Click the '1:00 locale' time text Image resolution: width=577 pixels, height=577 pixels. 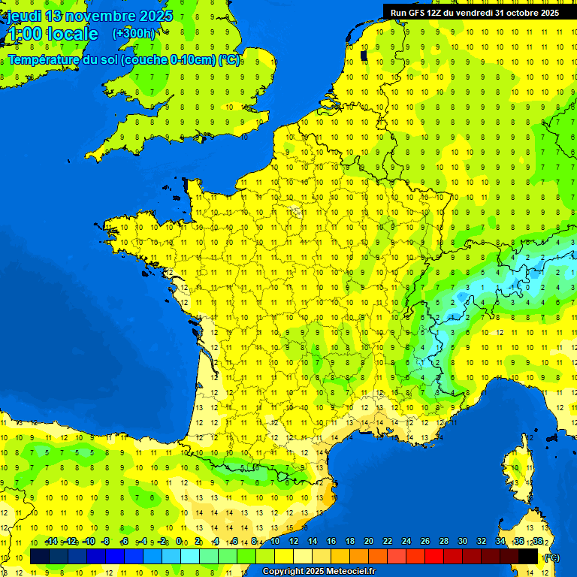click(x=52, y=34)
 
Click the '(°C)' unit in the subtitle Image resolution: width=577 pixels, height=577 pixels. click(x=229, y=59)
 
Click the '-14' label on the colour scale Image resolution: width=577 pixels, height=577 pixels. click(x=52, y=542)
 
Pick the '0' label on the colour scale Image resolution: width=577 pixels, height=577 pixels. click(x=179, y=542)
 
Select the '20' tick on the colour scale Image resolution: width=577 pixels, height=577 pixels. click(x=368, y=542)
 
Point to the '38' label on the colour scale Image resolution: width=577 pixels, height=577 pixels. click(x=537, y=542)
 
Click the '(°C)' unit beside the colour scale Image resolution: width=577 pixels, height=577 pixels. click(x=551, y=557)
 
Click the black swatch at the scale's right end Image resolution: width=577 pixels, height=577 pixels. click(x=528, y=556)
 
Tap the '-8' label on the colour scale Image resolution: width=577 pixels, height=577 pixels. click(x=107, y=542)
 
